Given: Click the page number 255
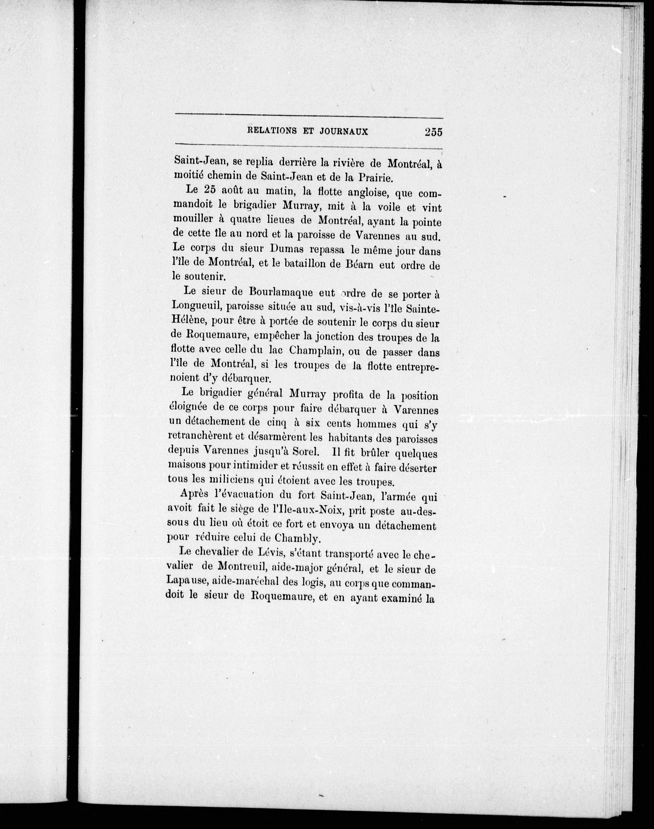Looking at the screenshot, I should pos(433,132).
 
